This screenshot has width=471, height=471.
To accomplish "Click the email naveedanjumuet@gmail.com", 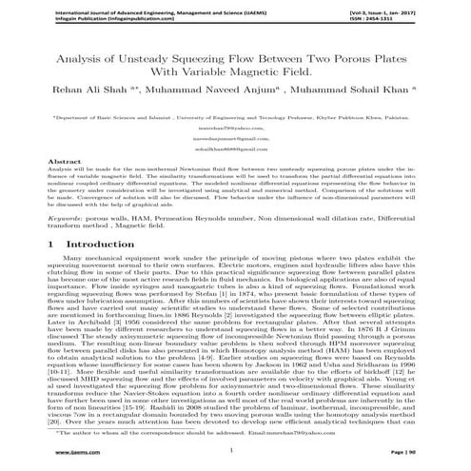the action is tap(235, 139).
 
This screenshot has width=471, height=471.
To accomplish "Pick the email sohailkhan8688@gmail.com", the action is tap(235, 149).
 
